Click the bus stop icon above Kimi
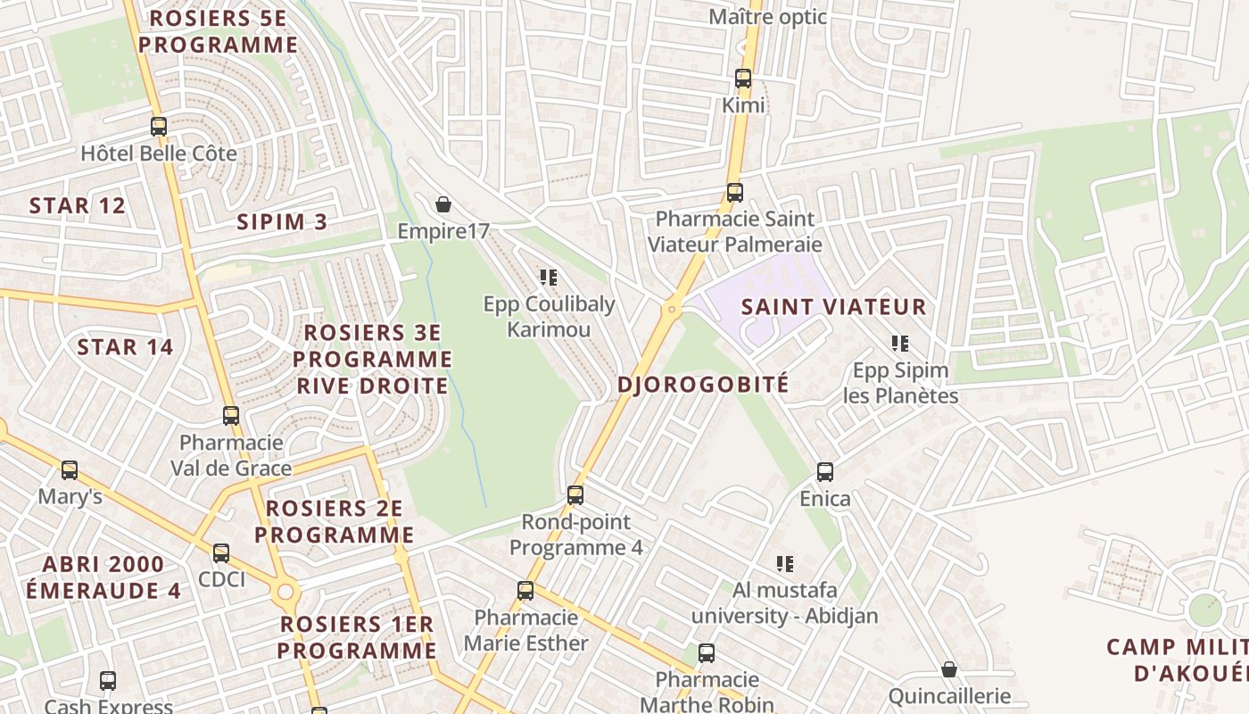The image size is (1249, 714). pos(743,79)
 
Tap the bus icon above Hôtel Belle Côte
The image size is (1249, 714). pos(159,127)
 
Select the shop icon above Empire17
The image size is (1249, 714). pos(443,205)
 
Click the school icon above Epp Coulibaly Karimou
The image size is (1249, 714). pos(549,278)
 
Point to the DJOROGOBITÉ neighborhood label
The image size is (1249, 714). pos(703,385)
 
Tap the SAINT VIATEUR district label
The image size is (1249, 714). pos(834,307)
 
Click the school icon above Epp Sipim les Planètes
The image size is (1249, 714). pos(900,343)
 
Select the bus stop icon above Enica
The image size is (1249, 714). pos(825,472)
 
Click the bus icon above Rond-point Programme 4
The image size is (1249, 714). pos(575,494)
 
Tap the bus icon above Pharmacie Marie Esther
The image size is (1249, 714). pos(525,590)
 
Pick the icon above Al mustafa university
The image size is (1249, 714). pos(785,563)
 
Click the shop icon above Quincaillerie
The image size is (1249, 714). pos(949,669)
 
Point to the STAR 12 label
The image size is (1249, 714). pos(77,206)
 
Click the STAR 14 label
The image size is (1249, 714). pos(125,347)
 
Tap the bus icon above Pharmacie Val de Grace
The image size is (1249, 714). pos(231,416)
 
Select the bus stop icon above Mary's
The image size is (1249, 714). pos(70,469)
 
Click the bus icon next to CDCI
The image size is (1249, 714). pos(221,553)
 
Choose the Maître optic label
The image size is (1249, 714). pos(767,17)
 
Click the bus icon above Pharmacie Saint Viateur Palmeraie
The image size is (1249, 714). pos(735,192)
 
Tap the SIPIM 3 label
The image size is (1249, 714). pos(282,222)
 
